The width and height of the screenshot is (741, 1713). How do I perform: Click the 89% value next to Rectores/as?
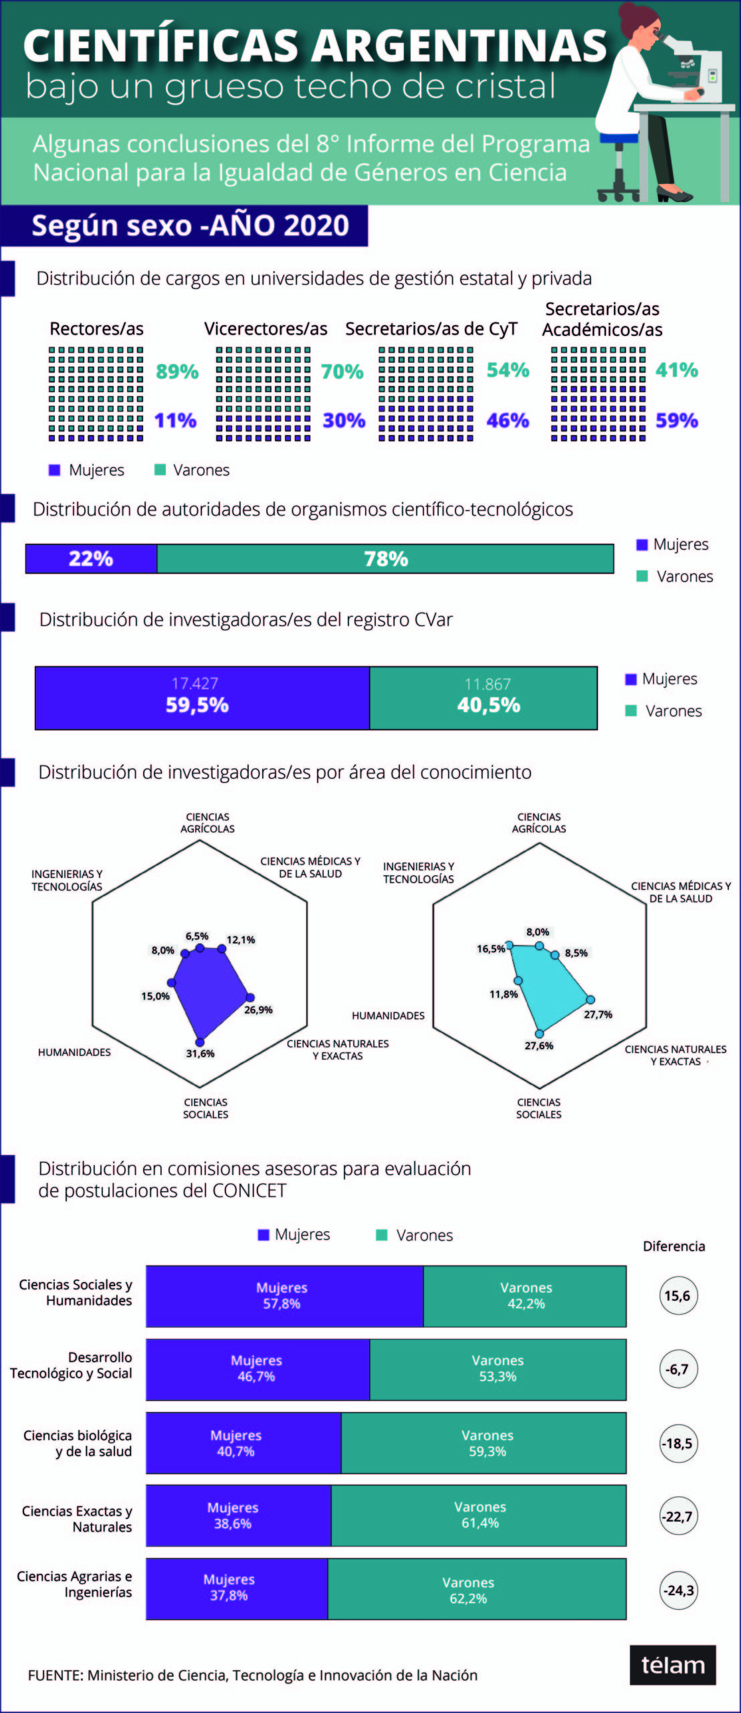coord(177,371)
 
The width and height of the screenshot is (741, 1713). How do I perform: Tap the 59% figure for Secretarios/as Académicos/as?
coord(676,420)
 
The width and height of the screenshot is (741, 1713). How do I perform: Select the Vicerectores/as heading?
coord(266,329)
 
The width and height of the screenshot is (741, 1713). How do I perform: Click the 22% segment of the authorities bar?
coord(91,559)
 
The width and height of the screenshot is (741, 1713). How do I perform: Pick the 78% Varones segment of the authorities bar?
coord(385,559)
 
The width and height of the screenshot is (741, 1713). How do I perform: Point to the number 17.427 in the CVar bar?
coord(195,683)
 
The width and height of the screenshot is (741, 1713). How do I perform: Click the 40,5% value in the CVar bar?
coord(488,705)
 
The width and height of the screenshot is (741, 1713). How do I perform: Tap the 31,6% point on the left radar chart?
coord(199,1042)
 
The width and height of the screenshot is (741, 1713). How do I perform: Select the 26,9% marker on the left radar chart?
coord(250,997)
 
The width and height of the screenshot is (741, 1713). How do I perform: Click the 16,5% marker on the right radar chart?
coord(509,945)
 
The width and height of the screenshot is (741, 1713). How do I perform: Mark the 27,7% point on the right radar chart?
coord(591,1000)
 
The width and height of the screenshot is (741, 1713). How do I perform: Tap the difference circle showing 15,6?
coord(678,1295)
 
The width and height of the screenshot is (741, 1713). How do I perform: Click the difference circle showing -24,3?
coord(678,1590)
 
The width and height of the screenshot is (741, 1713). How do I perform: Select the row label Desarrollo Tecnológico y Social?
coord(72,1365)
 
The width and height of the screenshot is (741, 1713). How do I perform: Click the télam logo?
coord(672,1665)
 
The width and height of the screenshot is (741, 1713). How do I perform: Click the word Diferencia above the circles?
coord(673,1246)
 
